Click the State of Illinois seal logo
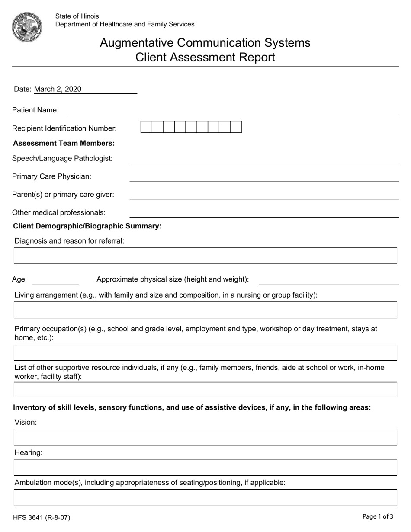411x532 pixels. point(27,27)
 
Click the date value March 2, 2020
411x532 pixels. point(58,89)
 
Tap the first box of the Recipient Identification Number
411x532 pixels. point(147,127)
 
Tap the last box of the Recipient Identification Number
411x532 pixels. point(236,127)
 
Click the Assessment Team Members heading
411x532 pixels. point(64,143)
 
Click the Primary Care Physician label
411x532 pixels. point(51,176)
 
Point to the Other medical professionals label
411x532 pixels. point(59,212)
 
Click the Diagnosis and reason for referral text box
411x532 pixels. point(205,256)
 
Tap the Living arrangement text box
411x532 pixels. point(205,310)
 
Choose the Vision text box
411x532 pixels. point(205,437)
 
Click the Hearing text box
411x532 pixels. point(205,468)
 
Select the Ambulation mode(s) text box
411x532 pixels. point(205,498)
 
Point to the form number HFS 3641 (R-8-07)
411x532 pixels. point(42,517)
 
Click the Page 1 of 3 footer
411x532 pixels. point(378,516)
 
